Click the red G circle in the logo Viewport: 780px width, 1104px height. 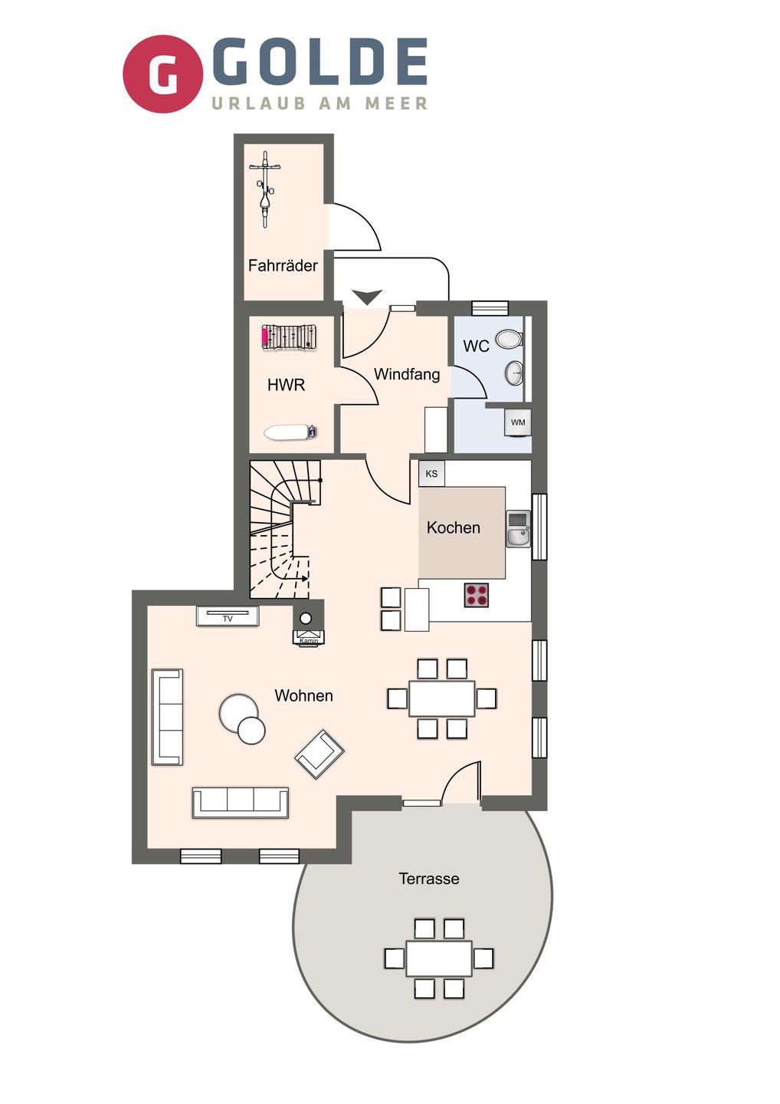pyautogui.click(x=162, y=74)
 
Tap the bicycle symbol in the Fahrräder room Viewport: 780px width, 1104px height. pyautogui.click(x=265, y=189)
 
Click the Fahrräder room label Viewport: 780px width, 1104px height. pyautogui.click(x=283, y=265)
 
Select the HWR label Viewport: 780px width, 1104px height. pyautogui.click(x=286, y=384)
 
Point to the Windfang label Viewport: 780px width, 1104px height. pyautogui.click(x=407, y=374)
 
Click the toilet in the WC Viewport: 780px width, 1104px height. pyautogui.click(x=510, y=339)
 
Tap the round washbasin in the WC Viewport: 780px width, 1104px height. pyautogui.click(x=514, y=373)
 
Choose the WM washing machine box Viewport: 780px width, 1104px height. pyautogui.click(x=517, y=422)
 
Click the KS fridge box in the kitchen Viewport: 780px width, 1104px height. pyautogui.click(x=431, y=474)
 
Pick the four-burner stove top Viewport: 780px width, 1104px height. pyautogui.click(x=476, y=595)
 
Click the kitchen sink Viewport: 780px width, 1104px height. pyautogui.click(x=519, y=529)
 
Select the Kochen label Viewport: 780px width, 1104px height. pyautogui.click(x=453, y=527)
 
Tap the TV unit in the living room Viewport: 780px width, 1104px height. pyautogui.click(x=228, y=616)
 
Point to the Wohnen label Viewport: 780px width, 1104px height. pyautogui.click(x=304, y=695)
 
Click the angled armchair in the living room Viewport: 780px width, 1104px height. pyautogui.click(x=319, y=754)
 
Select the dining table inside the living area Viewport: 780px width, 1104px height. pyautogui.click(x=441, y=698)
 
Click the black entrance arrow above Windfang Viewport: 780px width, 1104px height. pyautogui.click(x=367, y=297)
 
